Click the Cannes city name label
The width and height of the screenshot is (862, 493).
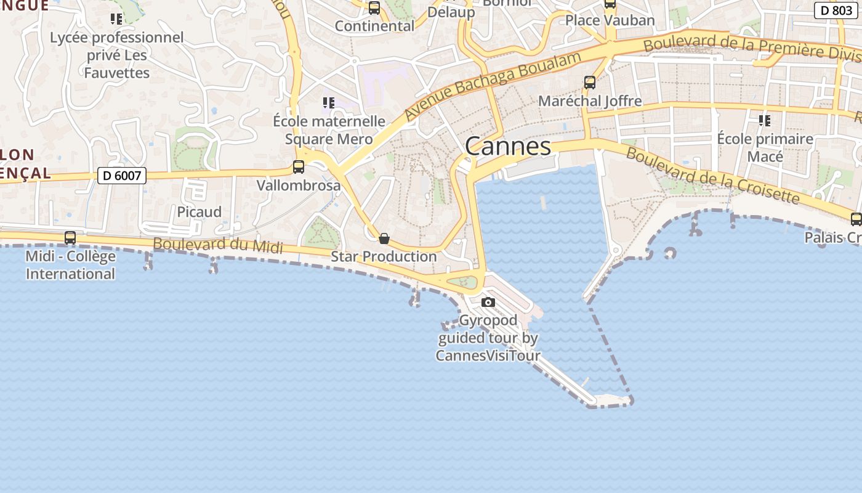pos(508,147)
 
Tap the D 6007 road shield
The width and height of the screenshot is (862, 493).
pos(122,176)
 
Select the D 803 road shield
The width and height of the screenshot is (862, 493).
pos(836,10)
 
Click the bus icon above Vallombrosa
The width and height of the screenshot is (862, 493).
pos(299,166)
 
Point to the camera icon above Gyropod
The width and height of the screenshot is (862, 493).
pos(488,302)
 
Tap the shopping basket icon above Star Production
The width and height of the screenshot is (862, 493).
pos(384,238)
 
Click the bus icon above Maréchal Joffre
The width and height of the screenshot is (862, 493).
pos(590,82)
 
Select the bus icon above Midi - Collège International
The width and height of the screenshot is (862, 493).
pos(70,237)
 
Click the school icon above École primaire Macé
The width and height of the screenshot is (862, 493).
pos(765,120)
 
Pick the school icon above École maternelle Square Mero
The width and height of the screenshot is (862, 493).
pos(329,102)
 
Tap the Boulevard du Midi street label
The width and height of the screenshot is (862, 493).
pos(218,245)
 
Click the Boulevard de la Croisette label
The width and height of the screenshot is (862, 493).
pos(713,175)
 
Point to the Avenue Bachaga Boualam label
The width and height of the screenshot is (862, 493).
pos(493,86)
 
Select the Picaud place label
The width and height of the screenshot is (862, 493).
pos(199,212)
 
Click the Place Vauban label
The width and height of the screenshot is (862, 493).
pos(610,20)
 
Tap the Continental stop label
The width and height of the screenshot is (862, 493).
pos(374,26)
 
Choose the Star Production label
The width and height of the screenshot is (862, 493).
pos(384,256)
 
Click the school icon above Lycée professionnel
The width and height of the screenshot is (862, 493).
pos(116,19)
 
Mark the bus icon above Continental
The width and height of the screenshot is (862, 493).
pos(374,8)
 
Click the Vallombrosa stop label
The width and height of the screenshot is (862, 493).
pos(299,185)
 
